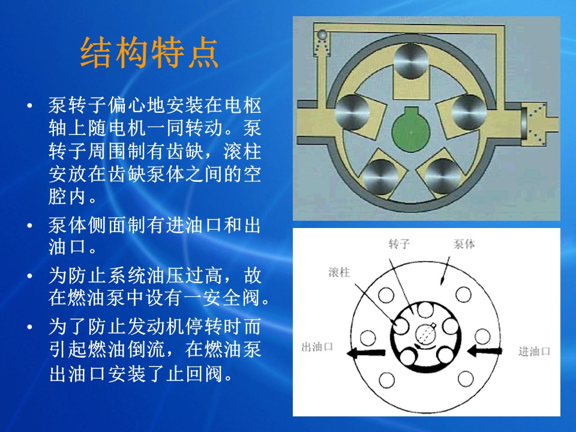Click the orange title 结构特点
coord(149,52)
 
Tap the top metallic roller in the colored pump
coord(411,61)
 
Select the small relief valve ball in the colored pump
coord(322,35)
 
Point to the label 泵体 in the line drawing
coord(464,244)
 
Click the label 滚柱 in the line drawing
coord(339,272)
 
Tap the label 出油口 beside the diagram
coord(317,347)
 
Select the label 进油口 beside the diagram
coord(534,352)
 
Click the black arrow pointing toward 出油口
coord(366,353)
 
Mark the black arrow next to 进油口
coord(485,351)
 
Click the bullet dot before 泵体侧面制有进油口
coord(30,226)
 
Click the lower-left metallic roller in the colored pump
coord(381,177)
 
